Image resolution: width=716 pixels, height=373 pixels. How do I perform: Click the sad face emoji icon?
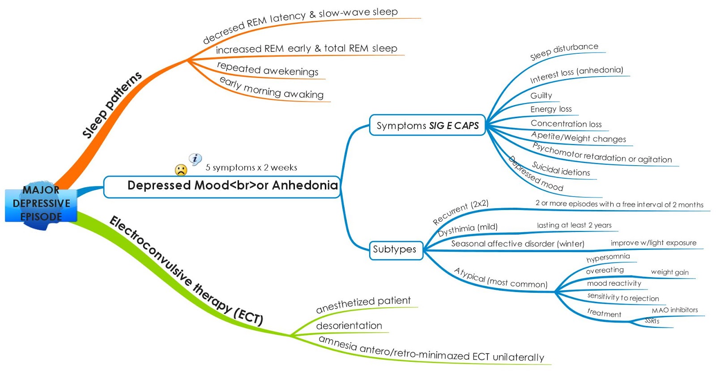(x=181, y=170)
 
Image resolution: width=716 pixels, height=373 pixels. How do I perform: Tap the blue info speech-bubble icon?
(x=195, y=159)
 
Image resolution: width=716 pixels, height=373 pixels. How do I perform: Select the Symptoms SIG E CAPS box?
(x=427, y=125)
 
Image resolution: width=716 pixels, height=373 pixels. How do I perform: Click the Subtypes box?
(x=395, y=249)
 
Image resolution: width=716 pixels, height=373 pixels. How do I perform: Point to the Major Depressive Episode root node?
(x=41, y=204)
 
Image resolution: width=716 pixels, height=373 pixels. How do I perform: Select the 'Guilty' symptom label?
(x=541, y=95)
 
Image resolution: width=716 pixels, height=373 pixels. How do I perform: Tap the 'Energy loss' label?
(x=551, y=109)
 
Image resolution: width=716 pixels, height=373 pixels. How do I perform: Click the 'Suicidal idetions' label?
(x=561, y=169)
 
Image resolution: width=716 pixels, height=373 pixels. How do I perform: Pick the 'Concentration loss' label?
(x=566, y=124)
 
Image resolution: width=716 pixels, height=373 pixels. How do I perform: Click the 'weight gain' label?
(x=669, y=272)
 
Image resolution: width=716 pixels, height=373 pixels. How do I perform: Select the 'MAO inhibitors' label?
(x=674, y=310)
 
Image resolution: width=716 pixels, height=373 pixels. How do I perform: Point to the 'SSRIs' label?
(x=652, y=321)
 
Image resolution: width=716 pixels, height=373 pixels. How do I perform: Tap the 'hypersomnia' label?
(x=608, y=257)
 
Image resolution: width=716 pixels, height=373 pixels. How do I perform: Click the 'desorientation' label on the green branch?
(x=349, y=326)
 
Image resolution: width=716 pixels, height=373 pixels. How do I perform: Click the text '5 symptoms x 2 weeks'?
(x=251, y=167)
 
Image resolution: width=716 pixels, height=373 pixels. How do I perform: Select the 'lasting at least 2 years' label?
(x=574, y=225)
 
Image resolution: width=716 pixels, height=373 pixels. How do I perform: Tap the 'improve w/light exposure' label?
(x=653, y=243)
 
